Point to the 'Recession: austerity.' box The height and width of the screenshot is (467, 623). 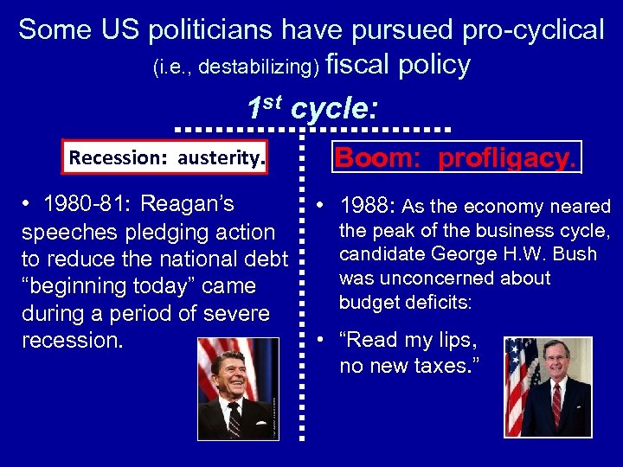coord(166,158)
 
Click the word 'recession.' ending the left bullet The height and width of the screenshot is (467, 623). coord(73,340)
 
